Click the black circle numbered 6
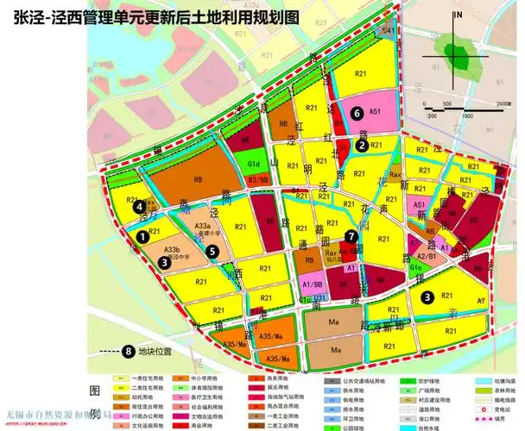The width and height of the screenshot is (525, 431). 357,112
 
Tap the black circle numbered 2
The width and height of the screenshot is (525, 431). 360,146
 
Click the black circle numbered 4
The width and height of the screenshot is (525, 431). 138,206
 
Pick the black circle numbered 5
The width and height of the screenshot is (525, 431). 212,251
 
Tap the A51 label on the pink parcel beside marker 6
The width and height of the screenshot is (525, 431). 376,111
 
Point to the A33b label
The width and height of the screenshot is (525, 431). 183,250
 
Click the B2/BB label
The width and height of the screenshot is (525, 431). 258,180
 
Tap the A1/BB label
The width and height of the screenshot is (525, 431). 313,284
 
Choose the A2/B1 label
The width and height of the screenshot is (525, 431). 426,256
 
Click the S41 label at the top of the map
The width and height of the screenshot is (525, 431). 389,31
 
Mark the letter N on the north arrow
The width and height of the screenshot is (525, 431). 460,16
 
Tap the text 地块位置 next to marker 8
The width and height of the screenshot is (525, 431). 155,352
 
